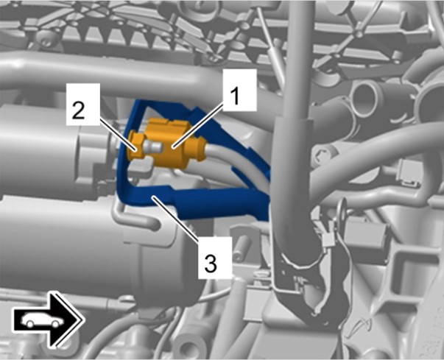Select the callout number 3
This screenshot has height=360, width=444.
[x=211, y=264]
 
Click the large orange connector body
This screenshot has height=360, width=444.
[x=168, y=143]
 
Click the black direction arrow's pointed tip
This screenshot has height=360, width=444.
[x=84, y=320]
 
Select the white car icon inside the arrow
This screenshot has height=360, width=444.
[x=42, y=320]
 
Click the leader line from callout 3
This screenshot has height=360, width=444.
[x=175, y=216]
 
